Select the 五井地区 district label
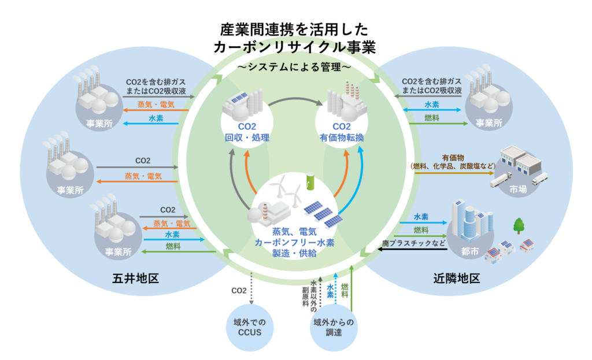pyautogui.click(x=135, y=279)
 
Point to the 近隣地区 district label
pyautogui.click(x=457, y=279)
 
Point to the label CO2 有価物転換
pyautogui.click(x=341, y=132)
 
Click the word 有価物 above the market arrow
pyautogui.click(x=453, y=157)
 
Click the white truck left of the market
pyautogui.click(x=500, y=181)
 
